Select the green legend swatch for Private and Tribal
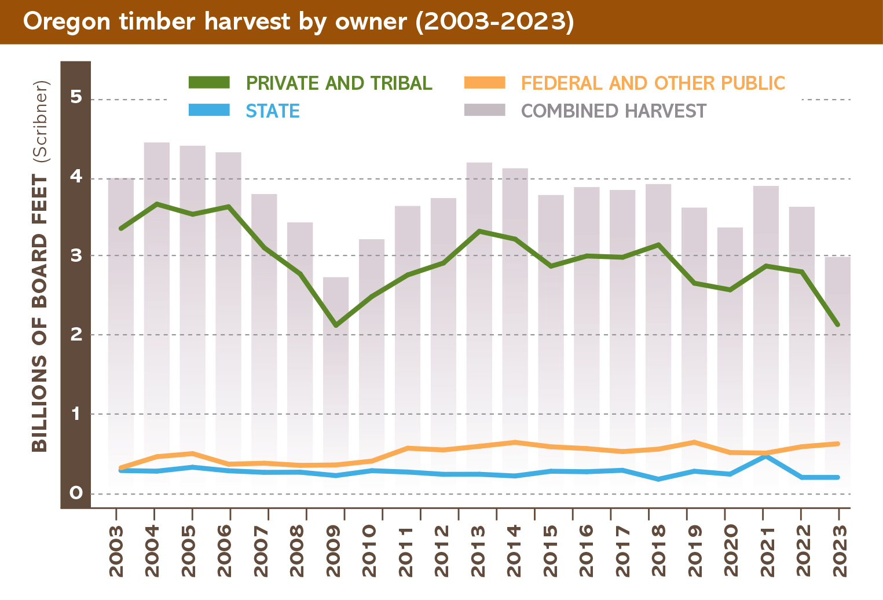tap(209, 83)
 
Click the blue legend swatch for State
tap(209, 110)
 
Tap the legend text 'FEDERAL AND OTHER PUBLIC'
tap(653, 83)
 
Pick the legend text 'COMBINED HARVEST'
tap(613, 111)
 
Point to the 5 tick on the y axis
tap(76, 97)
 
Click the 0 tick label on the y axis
tap(76, 493)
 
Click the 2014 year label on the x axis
tap(514, 551)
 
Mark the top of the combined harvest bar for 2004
tap(156, 143)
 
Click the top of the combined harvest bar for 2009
tap(336, 278)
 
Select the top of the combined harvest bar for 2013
tap(479, 163)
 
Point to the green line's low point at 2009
tap(336, 325)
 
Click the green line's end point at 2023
tap(837, 324)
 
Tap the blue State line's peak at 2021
tap(765, 456)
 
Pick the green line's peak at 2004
tap(156, 204)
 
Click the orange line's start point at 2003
tap(120, 467)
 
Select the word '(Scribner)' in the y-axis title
tap(41, 120)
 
